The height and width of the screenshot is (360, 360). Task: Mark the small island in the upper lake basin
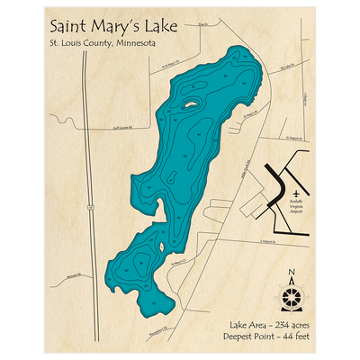pos(192,105)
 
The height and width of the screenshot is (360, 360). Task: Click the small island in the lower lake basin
pos(158,250)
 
